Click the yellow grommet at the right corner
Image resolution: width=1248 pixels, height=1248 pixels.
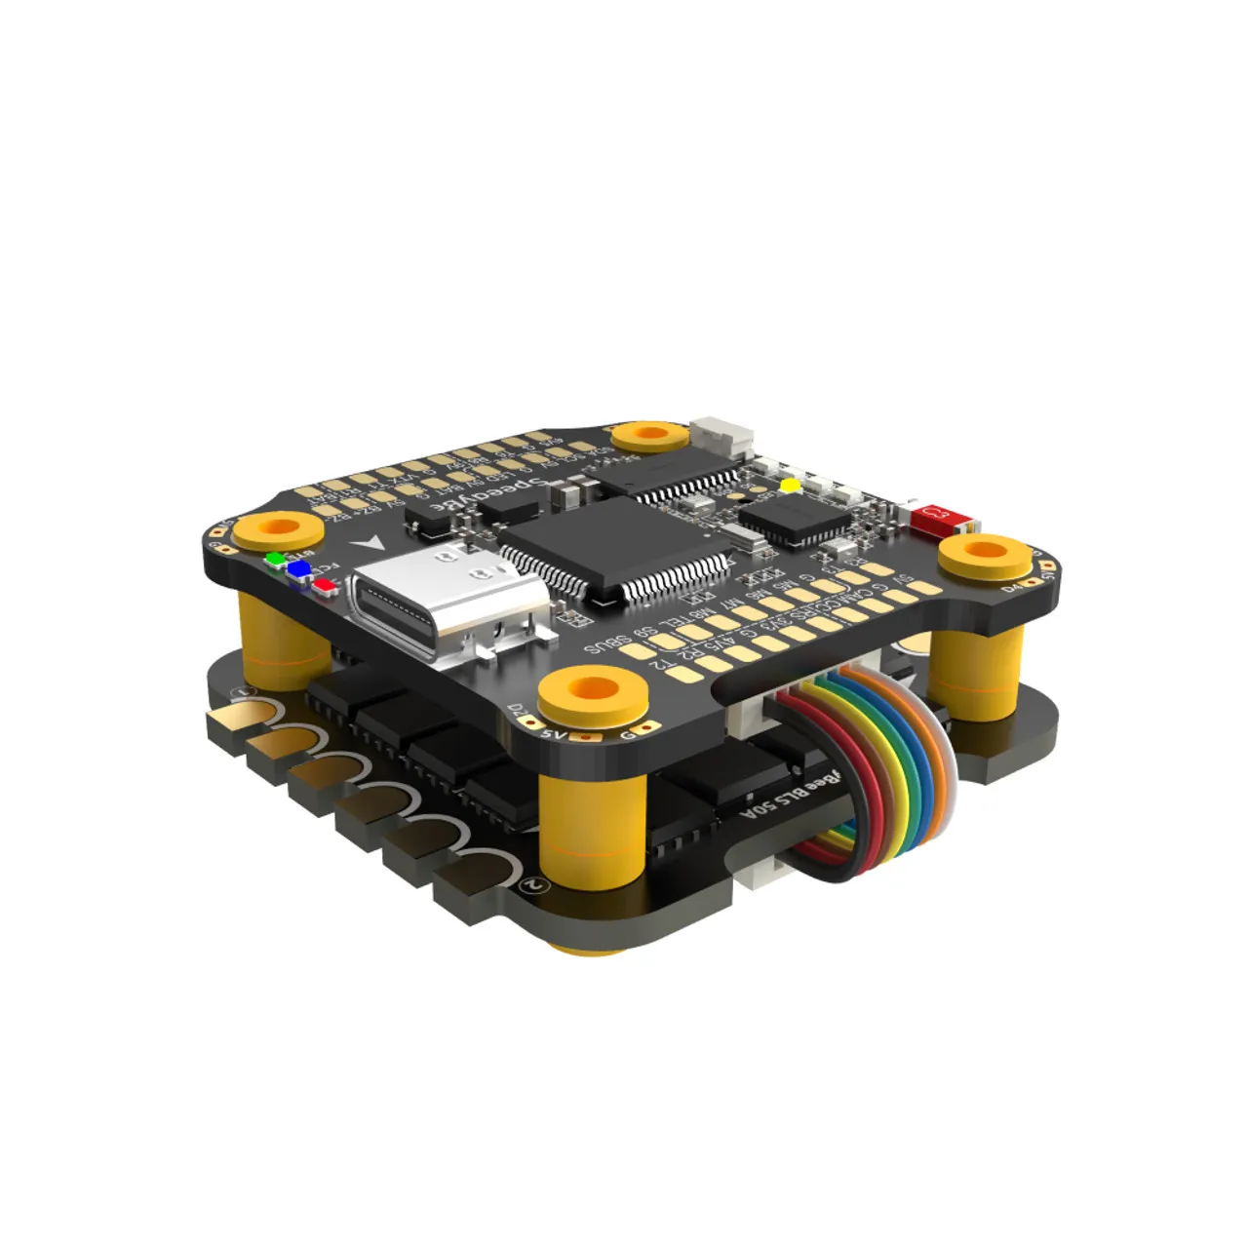pyautogui.click(x=985, y=556)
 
